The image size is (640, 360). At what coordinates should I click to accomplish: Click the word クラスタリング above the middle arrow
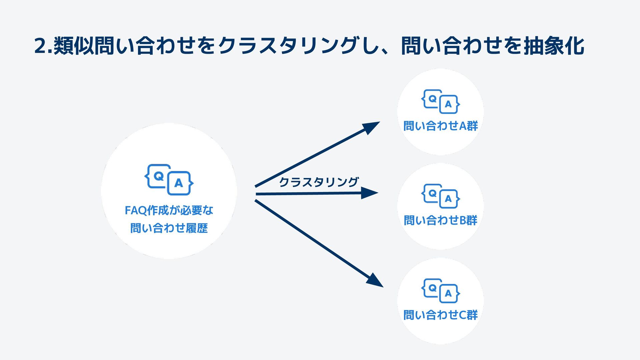click(x=318, y=182)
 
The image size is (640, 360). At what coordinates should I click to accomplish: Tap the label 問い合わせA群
click(x=440, y=126)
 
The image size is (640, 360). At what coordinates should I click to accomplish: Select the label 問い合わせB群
click(x=440, y=220)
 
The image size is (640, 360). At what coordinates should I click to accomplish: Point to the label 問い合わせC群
click(x=440, y=315)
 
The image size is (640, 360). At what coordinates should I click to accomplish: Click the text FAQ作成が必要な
click(x=169, y=210)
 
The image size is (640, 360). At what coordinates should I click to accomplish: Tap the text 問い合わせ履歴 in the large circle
click(x=169, y=228)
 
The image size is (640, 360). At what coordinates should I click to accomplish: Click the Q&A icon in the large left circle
click(x=169, y=179)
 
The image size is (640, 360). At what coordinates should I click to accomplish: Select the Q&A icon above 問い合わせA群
click(x=440, y=101)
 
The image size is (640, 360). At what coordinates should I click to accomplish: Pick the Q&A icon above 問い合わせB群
click(x=440, y=196)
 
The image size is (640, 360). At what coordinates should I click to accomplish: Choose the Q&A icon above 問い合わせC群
click(x=440, y=291)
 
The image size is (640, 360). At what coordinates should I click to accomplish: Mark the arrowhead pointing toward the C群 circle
click(x=375, y=281)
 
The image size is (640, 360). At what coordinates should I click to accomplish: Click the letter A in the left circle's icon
click(x=179, y=183)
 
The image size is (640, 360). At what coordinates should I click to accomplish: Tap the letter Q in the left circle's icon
click(x=159, y=176)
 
